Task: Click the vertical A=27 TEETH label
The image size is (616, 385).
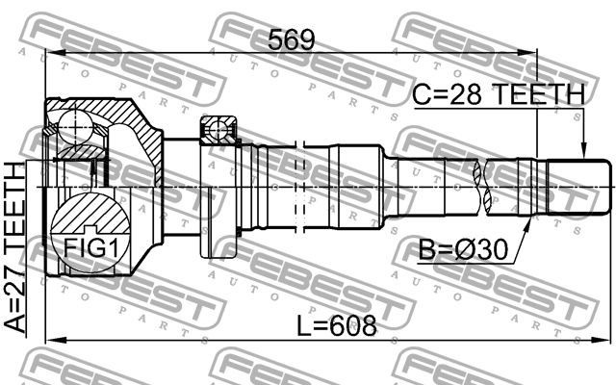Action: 17,245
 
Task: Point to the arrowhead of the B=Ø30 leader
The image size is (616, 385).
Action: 527,223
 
